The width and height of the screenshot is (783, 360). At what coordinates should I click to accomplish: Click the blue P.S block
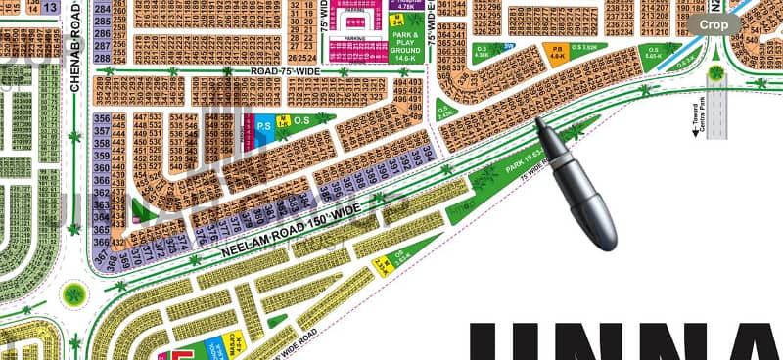[x=263, y=126]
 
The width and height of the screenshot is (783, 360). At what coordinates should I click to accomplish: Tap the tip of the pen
[x=537, y=122]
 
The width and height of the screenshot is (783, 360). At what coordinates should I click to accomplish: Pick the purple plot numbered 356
[x=101, y=119]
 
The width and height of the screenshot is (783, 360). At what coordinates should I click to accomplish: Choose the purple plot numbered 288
[x=101, y=58]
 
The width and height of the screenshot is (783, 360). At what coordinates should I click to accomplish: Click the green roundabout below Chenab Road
[x=73, y=293]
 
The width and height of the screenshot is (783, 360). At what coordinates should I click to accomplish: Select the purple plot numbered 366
[x=101, y=243]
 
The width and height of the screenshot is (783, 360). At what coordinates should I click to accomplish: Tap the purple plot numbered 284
[x=101, y=8]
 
